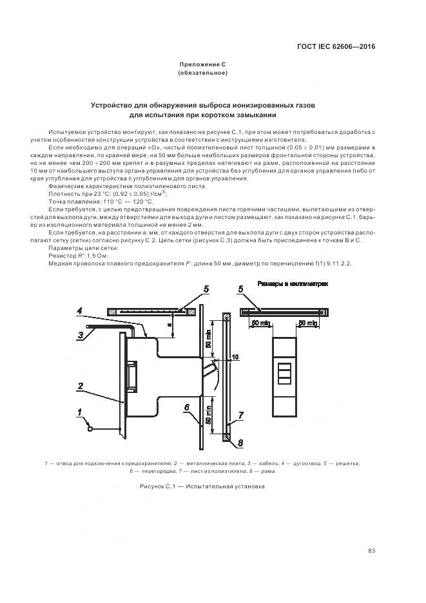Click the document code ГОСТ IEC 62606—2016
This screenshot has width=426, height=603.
point(336,46)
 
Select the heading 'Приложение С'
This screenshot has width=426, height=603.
point(202,64)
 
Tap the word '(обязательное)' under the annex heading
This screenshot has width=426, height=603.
point(202,73)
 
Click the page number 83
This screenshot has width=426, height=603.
point(371,550)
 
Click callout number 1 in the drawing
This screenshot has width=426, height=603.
point(79,412)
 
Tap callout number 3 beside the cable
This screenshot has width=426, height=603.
point(81,334)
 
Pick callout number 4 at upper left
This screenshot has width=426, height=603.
point(80,312)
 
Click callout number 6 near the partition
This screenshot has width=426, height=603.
point(187,408)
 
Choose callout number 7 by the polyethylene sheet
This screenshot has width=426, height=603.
point(239,414)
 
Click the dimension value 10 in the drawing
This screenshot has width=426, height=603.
point(235,356)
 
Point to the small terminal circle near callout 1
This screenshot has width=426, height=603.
point(91,428)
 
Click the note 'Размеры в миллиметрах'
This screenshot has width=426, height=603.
point(292,283)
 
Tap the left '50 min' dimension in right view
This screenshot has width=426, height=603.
point(260,322)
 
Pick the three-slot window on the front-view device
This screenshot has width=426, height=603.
point(284,373)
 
